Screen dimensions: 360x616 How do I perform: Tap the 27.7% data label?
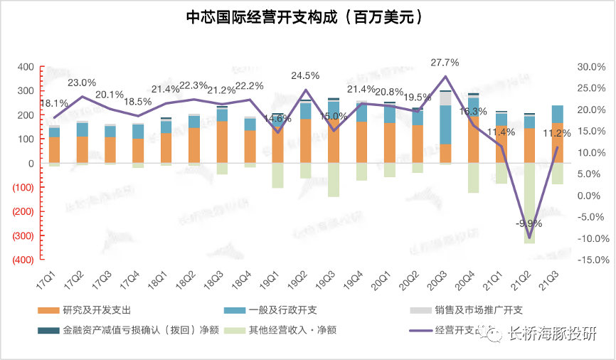(x=445, y=63)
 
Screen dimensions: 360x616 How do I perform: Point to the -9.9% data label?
(x=529, y=223)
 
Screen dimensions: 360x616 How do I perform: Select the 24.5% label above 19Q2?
(x=305, y=75)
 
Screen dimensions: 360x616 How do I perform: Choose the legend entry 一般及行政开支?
(x=283, y=309)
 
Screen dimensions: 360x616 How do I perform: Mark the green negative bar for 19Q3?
(x=333, y=179)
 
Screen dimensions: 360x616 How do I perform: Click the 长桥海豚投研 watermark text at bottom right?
(x=555, y=334)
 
